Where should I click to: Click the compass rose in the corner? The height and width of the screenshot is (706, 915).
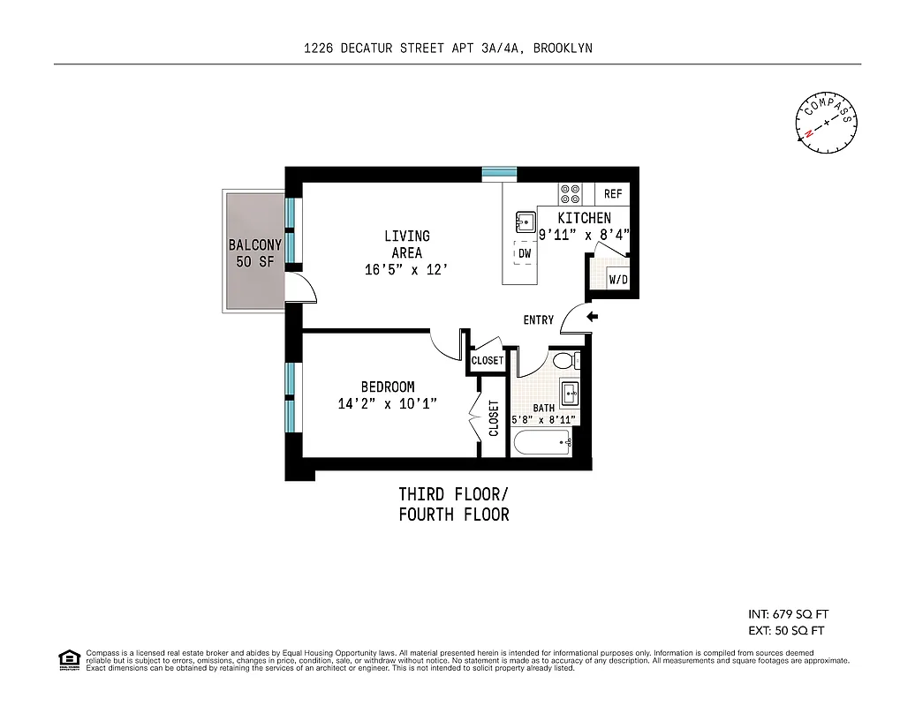tap(828, 124)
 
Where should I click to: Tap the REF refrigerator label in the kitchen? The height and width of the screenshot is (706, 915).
tap(613, 194)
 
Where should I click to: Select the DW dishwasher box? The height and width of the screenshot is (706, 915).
tap(524, 253)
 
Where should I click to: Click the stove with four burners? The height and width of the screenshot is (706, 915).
tap(570, 193)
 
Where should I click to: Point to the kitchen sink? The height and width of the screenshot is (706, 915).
tap(523, 220)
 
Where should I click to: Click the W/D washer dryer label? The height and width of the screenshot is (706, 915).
tap(618, 280)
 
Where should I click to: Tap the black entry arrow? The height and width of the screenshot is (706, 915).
tap(593, 316)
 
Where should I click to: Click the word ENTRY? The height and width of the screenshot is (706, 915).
tap(539, 319)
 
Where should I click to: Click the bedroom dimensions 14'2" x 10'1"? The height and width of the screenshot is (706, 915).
tap(388, 403)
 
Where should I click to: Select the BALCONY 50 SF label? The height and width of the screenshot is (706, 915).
tap(254, 253)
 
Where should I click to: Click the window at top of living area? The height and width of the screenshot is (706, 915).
tap(499, 174)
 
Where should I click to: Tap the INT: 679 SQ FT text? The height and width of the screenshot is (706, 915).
tap(788, 614)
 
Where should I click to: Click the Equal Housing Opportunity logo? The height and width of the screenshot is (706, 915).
tap(68, 659)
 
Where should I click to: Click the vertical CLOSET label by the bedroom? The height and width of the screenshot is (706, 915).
tap(494, 419)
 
